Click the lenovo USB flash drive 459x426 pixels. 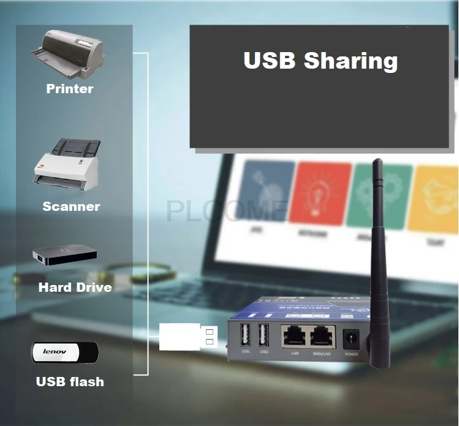64,352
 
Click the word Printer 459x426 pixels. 70,89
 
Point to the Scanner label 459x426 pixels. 71,207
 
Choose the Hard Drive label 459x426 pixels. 75,287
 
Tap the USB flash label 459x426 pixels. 70,382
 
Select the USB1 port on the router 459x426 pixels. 246,335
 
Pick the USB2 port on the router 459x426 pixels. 264,335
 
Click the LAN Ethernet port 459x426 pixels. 295,337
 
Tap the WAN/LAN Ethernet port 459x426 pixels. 323,337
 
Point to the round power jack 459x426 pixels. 352,338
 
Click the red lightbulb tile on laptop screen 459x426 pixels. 319,192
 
